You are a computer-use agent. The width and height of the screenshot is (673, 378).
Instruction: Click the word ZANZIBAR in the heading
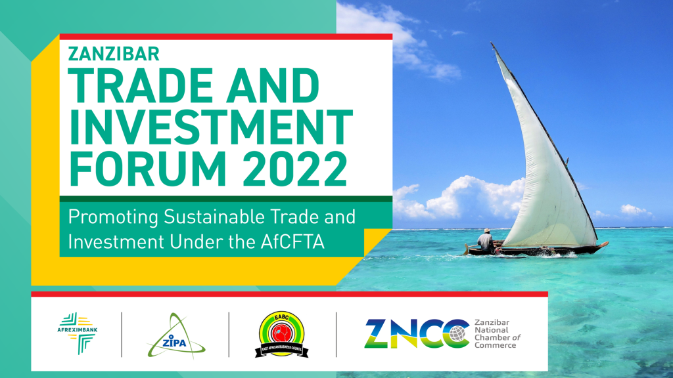114,54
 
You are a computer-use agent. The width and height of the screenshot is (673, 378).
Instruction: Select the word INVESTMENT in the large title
210,127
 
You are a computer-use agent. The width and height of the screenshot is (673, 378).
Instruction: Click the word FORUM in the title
147,169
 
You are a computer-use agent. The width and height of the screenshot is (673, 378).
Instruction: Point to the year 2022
295,169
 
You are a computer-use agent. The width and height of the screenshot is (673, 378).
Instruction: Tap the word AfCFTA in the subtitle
292,242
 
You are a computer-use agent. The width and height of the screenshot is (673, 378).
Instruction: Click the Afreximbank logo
78,333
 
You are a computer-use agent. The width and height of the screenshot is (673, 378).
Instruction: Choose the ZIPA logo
176,336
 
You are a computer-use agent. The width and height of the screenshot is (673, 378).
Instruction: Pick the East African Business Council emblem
281,334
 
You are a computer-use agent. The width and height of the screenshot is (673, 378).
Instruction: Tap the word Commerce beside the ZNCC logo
496,345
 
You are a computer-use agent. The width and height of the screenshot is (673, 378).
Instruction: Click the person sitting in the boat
486,241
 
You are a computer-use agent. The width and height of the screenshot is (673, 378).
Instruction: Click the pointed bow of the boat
606,243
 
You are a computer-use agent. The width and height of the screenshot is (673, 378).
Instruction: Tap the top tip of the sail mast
492,43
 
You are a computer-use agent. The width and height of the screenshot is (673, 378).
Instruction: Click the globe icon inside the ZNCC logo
457,333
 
